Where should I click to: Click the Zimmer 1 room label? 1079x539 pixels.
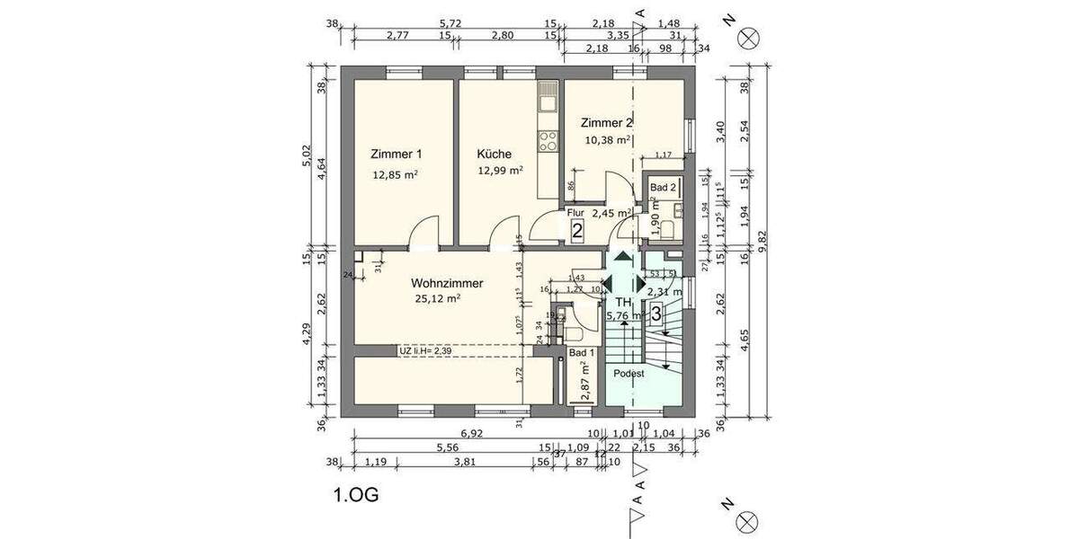click(397, 154)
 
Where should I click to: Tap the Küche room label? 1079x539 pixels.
click(495, 154)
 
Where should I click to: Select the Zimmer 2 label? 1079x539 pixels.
click(607, 123)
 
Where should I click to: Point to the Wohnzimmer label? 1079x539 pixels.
click(447, 283)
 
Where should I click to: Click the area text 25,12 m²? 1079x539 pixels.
click(438, 299)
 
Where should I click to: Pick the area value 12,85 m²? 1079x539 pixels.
click(396, 175)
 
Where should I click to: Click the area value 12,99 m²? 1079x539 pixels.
click(501, 170)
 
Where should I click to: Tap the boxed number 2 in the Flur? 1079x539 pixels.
click(577, 231)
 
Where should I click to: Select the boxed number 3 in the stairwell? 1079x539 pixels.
click(657, 314)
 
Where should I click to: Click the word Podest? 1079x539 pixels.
click(629, 373)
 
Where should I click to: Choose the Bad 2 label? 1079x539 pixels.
click(663, 188)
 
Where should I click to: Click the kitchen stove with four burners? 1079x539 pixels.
click(548, 139)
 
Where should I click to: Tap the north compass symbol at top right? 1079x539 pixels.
click(748, 37)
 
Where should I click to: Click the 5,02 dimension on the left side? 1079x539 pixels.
click(307, 157)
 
